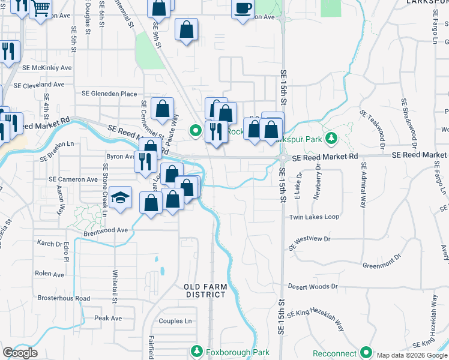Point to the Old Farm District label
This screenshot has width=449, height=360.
pos(205,290)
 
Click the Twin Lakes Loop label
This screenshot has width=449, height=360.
pos(314,217)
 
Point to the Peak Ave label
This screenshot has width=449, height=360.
pos(108,318)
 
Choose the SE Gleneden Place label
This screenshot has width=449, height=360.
pos(109,94)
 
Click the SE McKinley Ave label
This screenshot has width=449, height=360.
pos(47,68)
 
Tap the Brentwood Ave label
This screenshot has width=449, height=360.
pos(106,230)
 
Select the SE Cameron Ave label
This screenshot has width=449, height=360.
pos(73,179)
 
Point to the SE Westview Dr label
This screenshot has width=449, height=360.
pos(310,242)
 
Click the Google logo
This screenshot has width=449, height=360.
pos(20,353)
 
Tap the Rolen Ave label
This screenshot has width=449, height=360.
pos(49,274)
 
